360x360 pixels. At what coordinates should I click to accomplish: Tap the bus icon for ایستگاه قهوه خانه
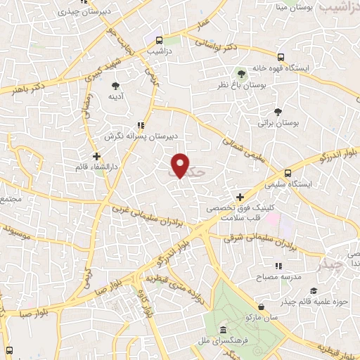point(281,57)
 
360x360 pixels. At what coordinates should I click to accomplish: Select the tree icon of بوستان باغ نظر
point(242,74)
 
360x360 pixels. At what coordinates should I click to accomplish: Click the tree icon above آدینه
point(115,86)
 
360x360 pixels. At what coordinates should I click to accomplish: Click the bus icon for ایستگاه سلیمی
point(288,173)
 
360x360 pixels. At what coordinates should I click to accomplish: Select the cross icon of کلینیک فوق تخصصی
point(240,198)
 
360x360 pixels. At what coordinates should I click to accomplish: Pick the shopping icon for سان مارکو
point(262,307)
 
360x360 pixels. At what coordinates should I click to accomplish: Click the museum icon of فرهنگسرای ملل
point(223,330)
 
